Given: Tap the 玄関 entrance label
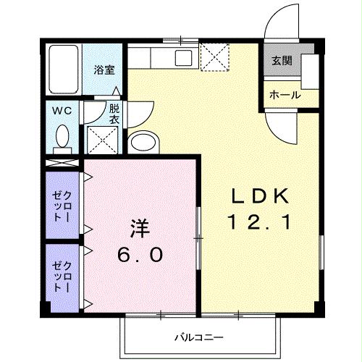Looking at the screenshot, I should [x=281, y=62].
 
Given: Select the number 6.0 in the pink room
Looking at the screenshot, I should [x=140, y=256].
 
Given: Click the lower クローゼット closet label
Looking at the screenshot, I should [x=62, y=275].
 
